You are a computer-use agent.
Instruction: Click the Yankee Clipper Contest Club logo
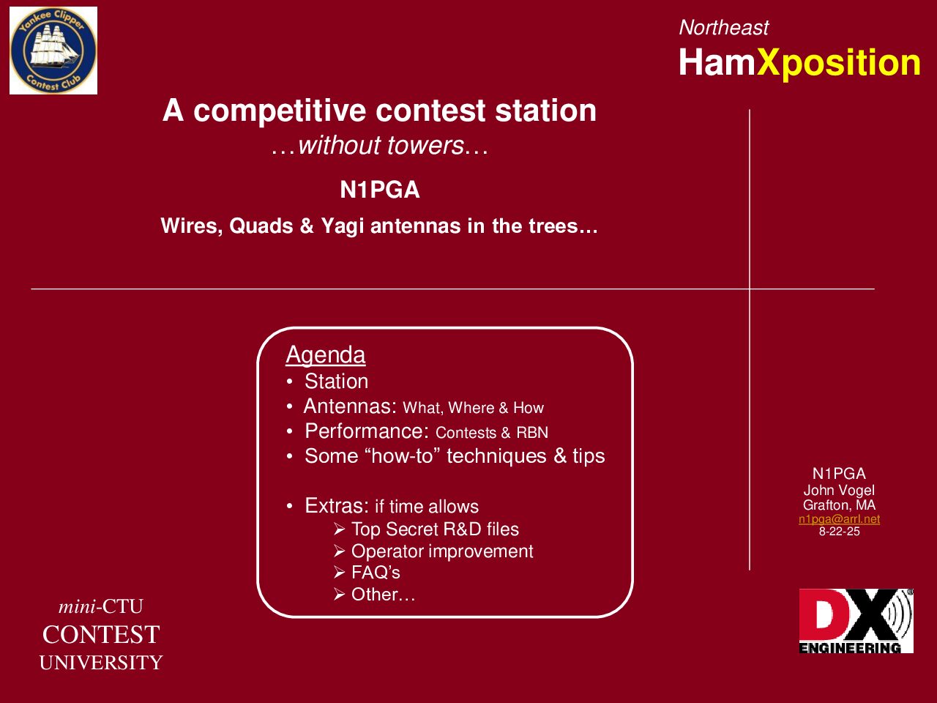[53, 51]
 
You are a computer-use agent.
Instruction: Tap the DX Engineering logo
[856, 621]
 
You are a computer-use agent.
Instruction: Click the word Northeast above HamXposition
[723, 28]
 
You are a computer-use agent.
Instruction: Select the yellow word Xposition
[838, 63]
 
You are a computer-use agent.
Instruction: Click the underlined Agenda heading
[325, 354]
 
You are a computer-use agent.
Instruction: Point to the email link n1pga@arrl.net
[839, 519]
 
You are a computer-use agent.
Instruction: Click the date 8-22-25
[839, 532]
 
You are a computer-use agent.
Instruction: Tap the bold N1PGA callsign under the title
[380, 190]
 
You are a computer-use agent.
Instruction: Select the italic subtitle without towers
[380, 146]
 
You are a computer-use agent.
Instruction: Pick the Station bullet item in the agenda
[336, 382]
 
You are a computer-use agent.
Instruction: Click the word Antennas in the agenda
[350, 406]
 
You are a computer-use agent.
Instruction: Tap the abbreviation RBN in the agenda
[532, 433]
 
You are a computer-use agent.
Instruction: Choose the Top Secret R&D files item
[435, 529]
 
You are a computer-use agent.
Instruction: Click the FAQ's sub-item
[376, 573]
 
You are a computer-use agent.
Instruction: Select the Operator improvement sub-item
[442, 551]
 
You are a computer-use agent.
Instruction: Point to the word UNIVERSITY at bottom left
[101, 663]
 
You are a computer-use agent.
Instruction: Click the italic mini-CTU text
[101, 606]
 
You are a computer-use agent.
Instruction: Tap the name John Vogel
[839, 491]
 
